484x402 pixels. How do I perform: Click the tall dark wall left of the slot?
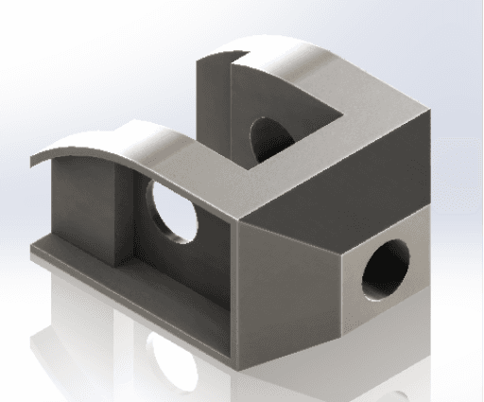pyautogui.click(x=213, y=104)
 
